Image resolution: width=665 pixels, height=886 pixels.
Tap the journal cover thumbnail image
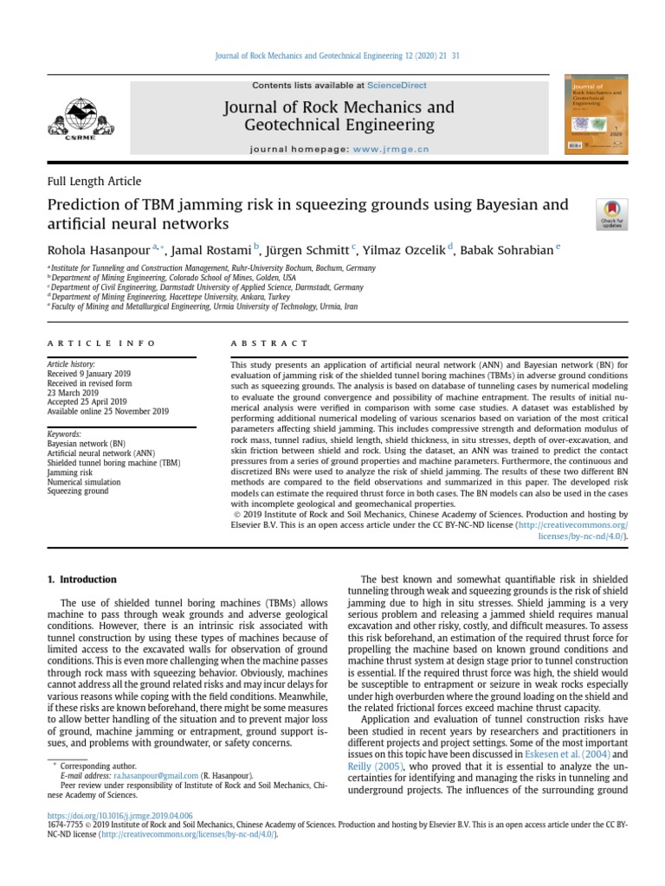click(x=597, y=117)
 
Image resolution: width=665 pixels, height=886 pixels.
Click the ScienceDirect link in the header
click(x=397, y=86)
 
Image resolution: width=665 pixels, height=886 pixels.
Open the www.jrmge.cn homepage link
click(x=391, y=149)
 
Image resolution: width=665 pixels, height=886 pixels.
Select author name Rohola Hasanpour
click(x=98, y=249)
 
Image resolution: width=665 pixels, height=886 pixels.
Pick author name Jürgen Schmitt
click(x=307, y=249)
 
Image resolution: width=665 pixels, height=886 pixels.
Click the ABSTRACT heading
click(x=269, y=343)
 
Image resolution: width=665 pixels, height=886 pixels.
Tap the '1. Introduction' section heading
click(x=81, y=579)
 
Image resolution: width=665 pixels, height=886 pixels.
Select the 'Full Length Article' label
click(x=94, y=181)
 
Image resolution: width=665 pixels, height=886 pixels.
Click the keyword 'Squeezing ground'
click(x=78, y=491)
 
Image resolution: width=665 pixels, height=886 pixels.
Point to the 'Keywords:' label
click(x=64, y=433)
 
